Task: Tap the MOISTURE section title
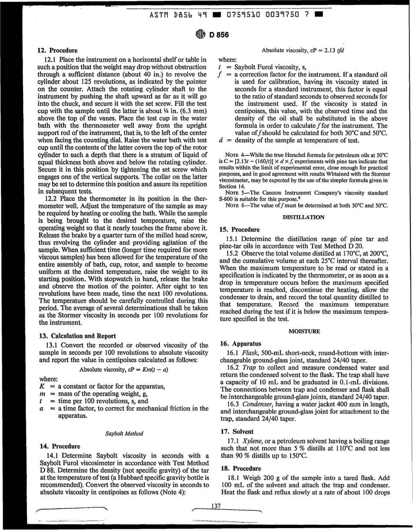point(304,331)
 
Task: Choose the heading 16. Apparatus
point(241,343)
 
